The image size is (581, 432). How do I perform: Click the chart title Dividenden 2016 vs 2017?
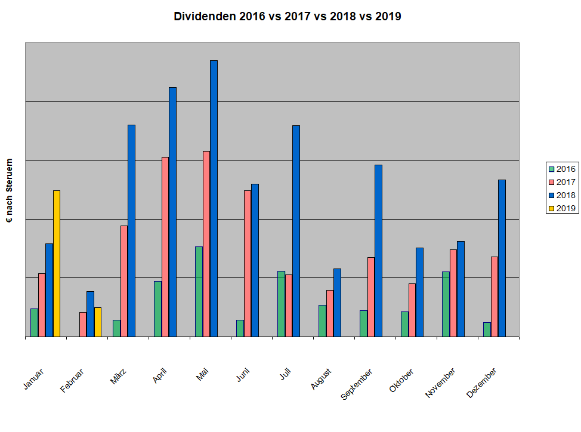point(287,17)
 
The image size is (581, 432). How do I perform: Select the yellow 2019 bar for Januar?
point(57,263)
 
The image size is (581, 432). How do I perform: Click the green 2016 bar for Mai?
point(199,291)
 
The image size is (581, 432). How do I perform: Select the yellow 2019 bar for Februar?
point(98,322)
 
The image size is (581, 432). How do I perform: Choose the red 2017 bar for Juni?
point(248,263)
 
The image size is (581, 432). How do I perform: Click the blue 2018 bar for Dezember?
point(502,258)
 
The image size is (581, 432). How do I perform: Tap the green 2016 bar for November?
point(446,304)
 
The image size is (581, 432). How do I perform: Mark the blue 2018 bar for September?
point(378,251)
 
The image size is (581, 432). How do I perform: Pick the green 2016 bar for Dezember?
point(487,329)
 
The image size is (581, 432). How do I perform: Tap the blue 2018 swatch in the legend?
point(552,195)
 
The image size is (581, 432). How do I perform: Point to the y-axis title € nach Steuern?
point(10,191)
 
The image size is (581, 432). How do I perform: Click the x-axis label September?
point(357,385)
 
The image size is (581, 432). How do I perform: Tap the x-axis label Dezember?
point(482,384)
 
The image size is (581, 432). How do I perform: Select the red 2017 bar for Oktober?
point(412,310)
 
